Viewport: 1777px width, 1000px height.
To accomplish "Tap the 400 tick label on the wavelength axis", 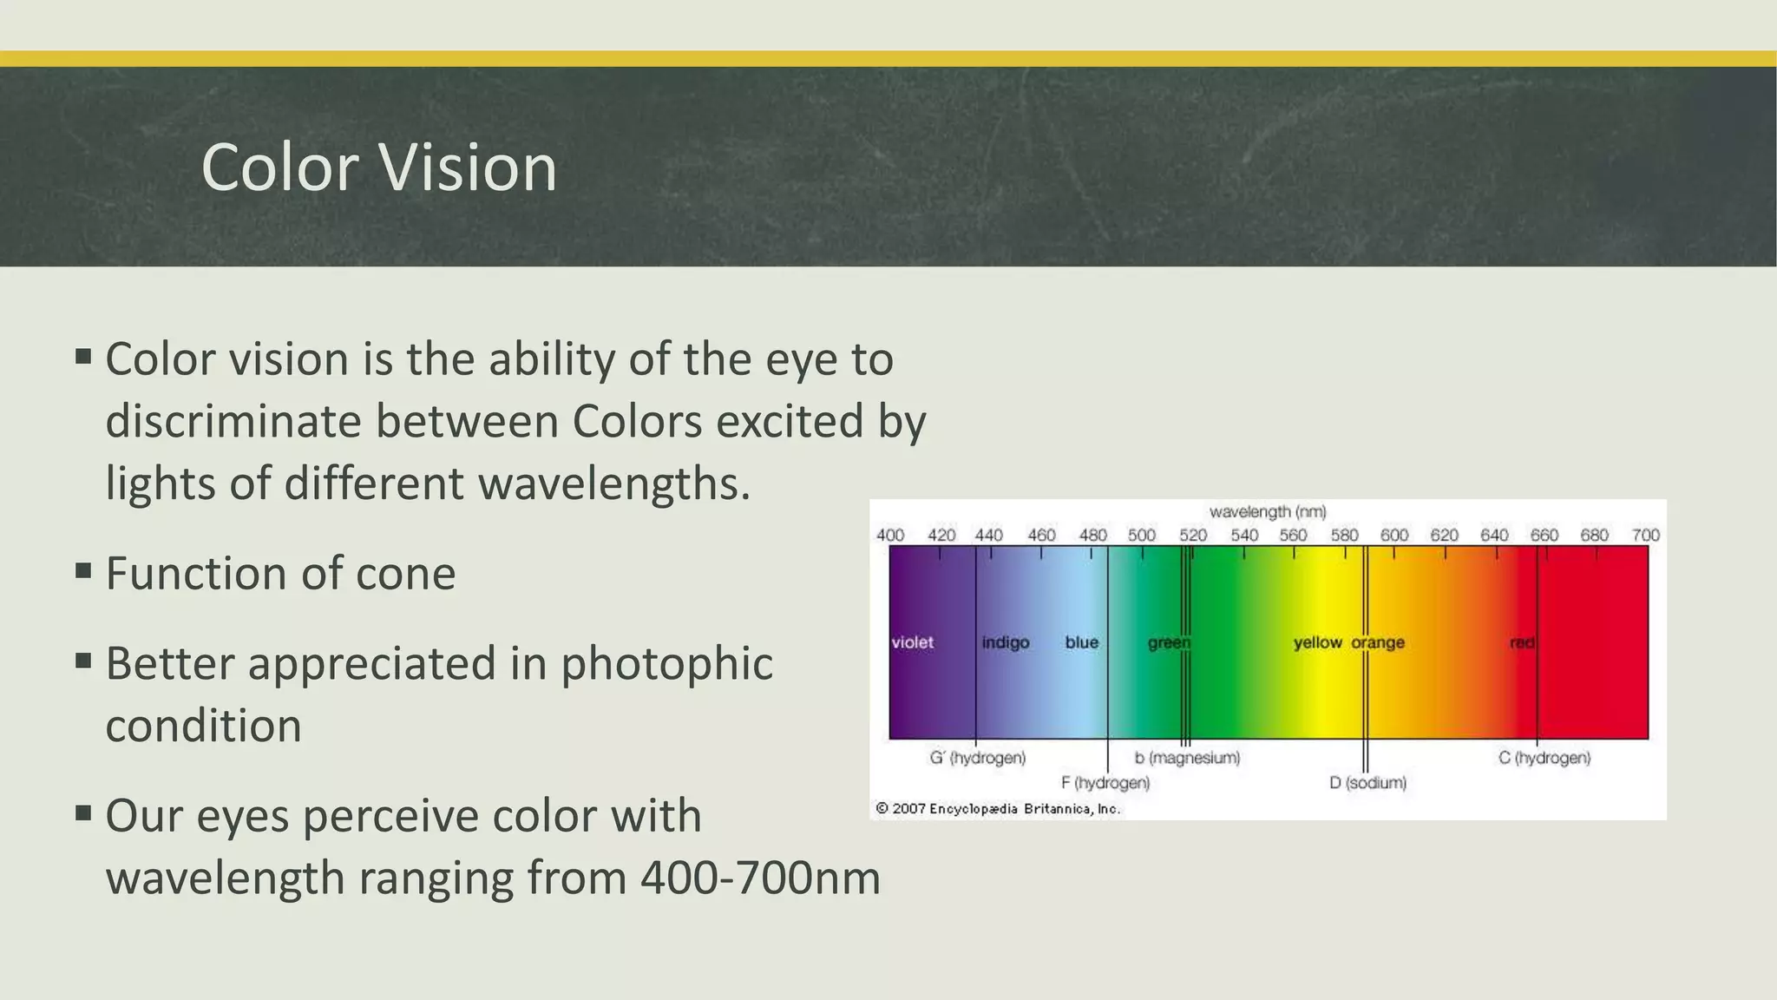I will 890,536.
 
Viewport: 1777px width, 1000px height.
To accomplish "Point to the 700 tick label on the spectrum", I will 1645,536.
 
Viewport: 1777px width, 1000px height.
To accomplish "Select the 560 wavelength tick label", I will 1293,536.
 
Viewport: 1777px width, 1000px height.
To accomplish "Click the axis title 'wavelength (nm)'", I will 1268,512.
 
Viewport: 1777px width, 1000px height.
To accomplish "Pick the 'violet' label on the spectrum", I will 913,642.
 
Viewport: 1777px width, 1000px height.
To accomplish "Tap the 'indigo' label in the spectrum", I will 1006,642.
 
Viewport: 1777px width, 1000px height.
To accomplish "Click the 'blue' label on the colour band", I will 1082,642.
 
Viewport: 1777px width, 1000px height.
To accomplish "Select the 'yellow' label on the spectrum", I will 1317,642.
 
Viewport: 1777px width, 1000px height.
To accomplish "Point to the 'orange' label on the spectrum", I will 1379,642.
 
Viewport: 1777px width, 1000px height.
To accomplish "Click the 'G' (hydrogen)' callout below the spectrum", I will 978,758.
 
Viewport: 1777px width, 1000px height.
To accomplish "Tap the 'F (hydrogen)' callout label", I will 1105,783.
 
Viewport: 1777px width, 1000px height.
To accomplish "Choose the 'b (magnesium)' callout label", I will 1188,758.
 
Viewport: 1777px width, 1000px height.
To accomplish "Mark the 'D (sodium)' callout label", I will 1368,783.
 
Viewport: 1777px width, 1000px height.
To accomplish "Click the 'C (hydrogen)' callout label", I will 1544,758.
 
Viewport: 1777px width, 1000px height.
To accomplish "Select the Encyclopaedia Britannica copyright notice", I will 998,809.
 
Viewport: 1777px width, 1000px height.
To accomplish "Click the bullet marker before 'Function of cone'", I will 83,571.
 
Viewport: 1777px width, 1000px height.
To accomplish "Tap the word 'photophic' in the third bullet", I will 666,664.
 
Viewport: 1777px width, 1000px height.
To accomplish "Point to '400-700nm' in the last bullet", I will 760,878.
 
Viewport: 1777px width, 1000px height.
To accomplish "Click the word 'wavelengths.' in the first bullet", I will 614,484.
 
